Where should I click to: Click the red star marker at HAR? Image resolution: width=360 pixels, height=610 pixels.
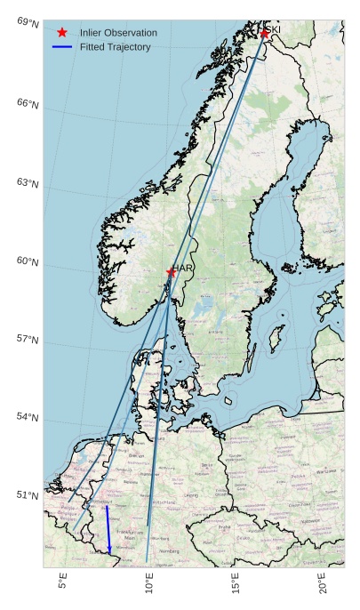(171, 272)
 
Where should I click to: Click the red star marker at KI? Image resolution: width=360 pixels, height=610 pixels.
(264, 34)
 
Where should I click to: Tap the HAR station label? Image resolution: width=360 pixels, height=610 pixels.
(184, 268)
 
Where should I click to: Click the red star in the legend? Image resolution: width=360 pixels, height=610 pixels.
(61, 32)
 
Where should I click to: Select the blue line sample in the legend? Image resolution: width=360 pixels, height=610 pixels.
(61, 46)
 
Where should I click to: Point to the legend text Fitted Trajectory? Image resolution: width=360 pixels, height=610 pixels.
(115, 46)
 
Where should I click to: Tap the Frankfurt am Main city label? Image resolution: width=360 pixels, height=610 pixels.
(130, 534)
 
